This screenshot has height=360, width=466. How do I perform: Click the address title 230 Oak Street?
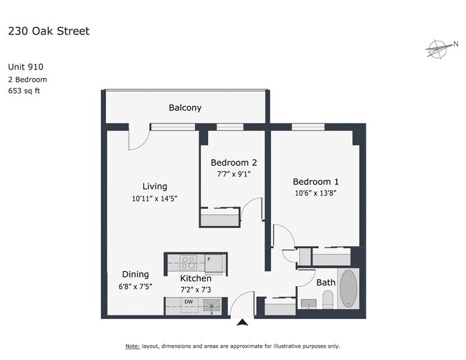coord(49,31)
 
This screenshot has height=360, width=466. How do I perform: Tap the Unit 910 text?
coord(26,67)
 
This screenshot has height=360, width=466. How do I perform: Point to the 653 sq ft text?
coord(24,90)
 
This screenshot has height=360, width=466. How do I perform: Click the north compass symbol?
coord(438,49)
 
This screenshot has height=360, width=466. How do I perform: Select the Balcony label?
coord(185,108)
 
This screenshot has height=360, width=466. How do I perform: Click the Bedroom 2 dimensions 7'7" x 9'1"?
coord(234,174)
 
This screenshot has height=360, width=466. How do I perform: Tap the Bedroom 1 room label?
coord(315,181)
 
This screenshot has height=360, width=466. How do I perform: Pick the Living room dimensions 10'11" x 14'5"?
coord(155,198)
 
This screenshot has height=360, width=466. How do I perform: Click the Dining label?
coord(135,275)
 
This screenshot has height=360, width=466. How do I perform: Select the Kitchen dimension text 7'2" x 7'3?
coord(196,290)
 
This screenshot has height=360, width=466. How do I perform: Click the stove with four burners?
coord(189,262)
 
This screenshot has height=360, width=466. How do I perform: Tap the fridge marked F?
coord(214,263)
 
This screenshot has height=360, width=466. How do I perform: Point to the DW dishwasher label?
coord(189,302)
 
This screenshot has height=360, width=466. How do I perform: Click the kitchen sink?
coord(211,305)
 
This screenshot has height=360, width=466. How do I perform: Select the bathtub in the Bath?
coord(348,288)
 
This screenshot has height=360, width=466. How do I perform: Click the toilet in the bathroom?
coord(328,300)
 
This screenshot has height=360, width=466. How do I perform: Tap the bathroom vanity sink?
coord(309,304)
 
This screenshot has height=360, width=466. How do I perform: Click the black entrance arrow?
coord(242,322)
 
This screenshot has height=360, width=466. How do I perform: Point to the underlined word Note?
coord(133,346)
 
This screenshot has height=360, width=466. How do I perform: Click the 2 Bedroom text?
coord(28,80)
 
